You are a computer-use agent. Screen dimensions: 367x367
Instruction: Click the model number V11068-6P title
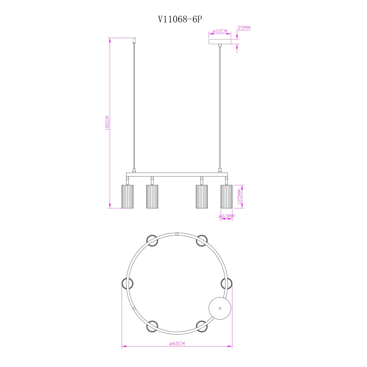[180, 19]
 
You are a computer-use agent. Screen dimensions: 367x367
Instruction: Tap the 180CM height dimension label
[107, 123]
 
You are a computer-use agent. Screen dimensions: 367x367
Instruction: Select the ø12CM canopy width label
[220, 31]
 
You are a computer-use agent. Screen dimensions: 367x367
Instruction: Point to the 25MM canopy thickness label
[244, 28]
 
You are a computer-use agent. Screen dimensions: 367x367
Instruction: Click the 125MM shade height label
[239, 196]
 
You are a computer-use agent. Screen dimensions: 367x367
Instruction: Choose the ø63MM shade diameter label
[226, 216]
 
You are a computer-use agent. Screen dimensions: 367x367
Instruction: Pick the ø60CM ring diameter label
[177, 343]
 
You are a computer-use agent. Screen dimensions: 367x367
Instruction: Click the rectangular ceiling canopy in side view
[220, 42]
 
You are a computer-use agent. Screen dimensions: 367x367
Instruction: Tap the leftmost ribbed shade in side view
[128, 196]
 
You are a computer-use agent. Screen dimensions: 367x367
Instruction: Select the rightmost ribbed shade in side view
[226, 196]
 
